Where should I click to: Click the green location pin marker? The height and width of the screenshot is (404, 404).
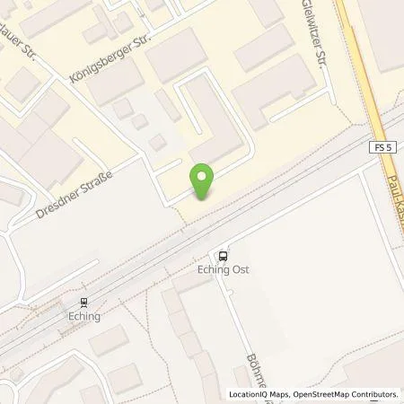click(204, 181)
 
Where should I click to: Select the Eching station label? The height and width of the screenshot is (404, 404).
click(83, 316)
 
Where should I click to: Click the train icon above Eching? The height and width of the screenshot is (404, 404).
click(83, 303)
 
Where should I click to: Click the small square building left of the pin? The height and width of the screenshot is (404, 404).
click(157, 142)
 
